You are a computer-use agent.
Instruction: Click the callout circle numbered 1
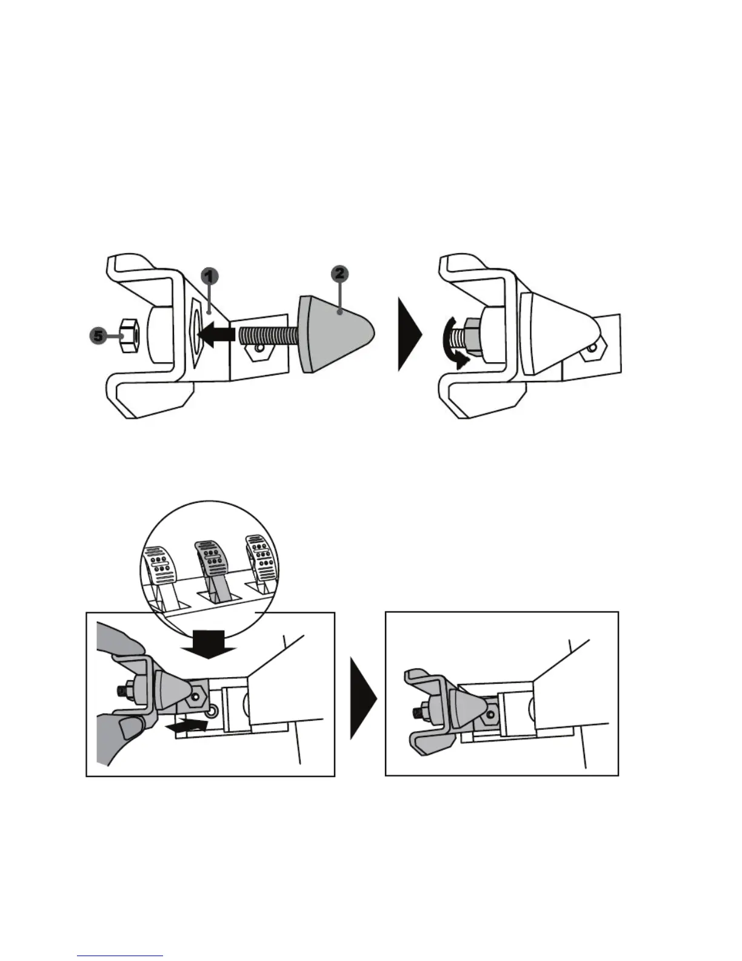coord(208,277)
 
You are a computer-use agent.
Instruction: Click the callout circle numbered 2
coord(339,274)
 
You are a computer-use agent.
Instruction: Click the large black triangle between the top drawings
coord(409,334)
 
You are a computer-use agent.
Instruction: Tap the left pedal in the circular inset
coord(161,567)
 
